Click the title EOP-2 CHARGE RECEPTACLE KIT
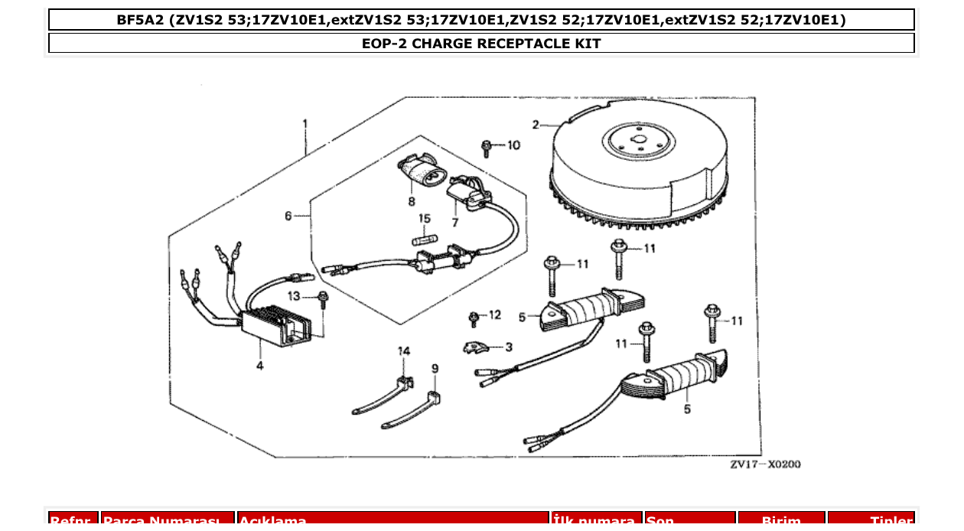[481, 44]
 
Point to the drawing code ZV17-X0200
[764, 464]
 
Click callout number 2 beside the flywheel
[536, 124]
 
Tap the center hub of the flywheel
[639, 142]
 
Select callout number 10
[513, 145]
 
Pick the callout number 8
[412, 202]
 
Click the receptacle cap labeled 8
[419, 173]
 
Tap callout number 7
[454, 223]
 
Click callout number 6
[288, 217]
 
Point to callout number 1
[305, 123]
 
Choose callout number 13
[295, 296]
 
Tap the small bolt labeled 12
[474, 317]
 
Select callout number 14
[403, 350]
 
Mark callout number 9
[435, 369]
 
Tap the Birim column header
[780, 521]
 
